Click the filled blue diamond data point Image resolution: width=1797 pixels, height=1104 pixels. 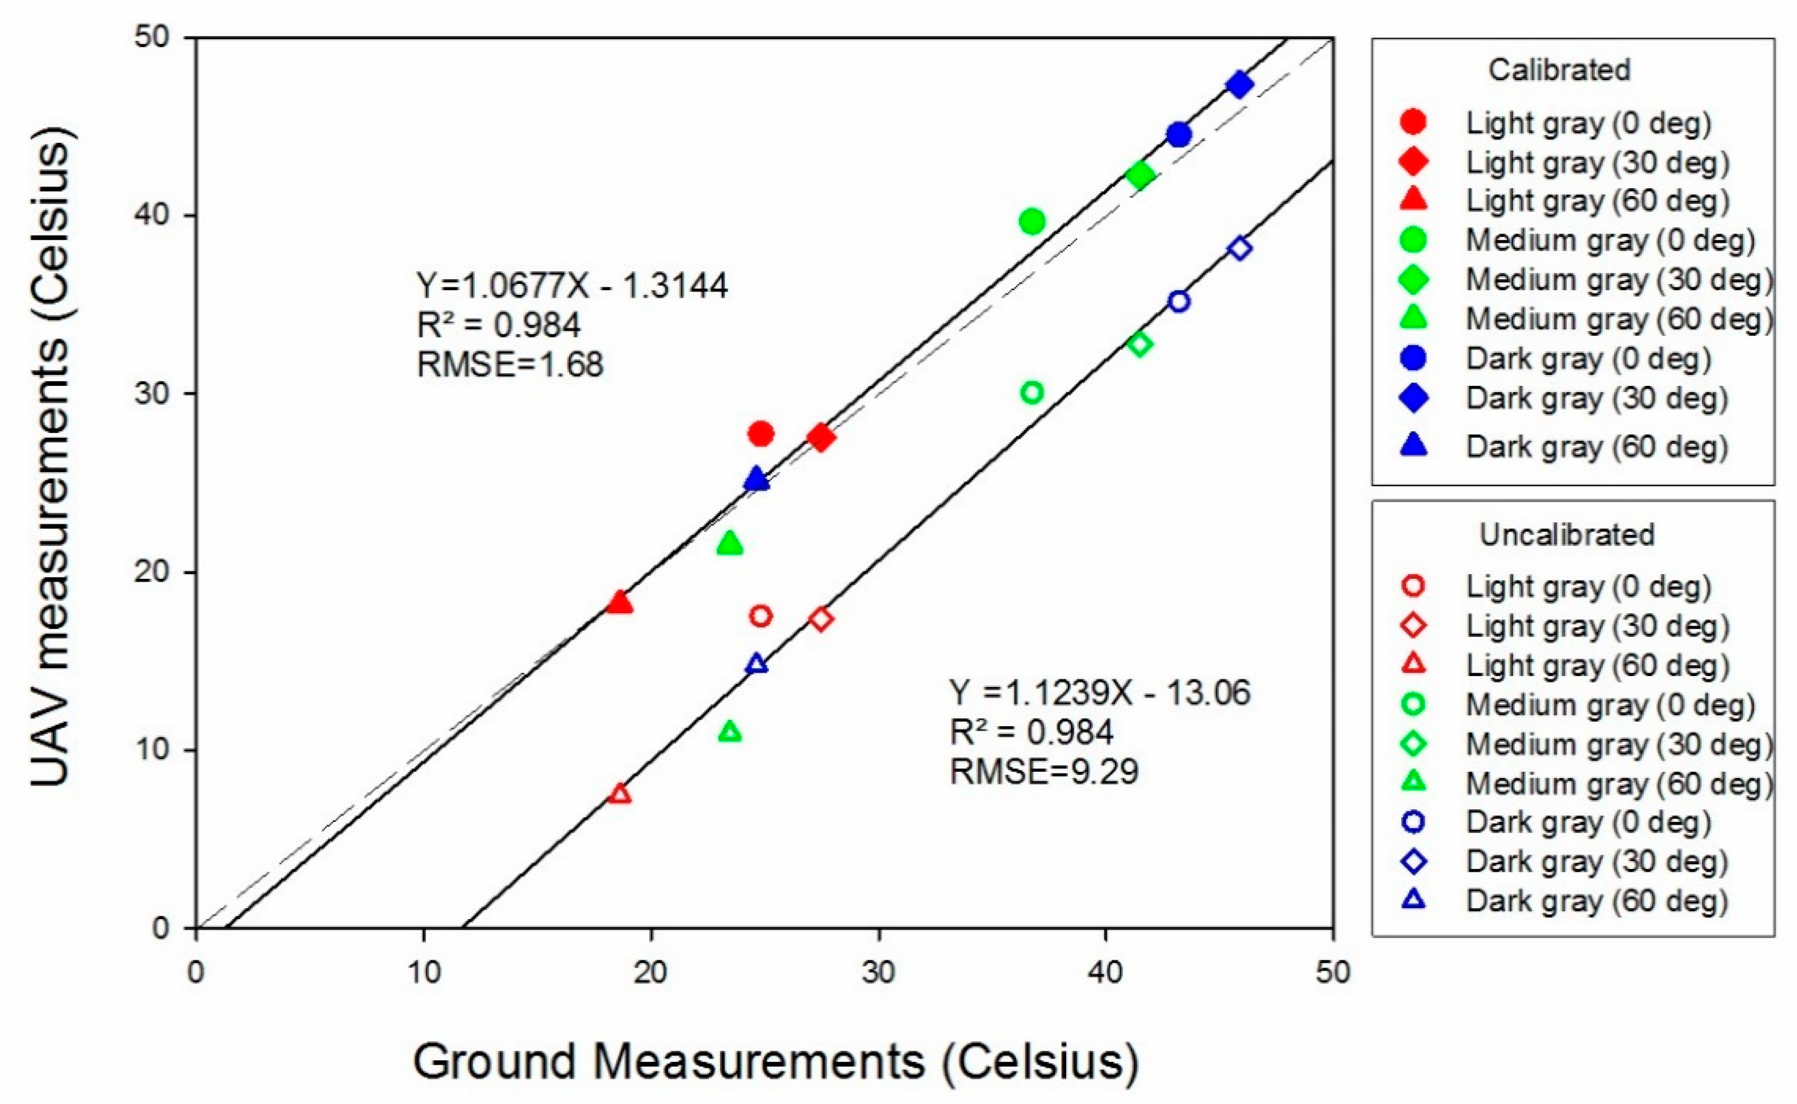click(1239, 85)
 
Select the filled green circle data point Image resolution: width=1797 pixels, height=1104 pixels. click(1032, 221)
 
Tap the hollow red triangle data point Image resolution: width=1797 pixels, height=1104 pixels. click(620, 794)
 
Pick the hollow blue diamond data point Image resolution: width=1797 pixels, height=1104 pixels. click(1239, 248)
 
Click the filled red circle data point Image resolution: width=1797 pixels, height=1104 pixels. click(761, 434)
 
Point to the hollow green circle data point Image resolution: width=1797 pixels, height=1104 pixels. click(1032, 393)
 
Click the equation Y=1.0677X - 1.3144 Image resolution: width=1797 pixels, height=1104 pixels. click(572, 286)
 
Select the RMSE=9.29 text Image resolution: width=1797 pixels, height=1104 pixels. click(1044, 772)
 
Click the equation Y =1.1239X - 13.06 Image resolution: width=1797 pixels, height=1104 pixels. click(1099, 692)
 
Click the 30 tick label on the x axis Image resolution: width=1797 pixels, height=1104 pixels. click(878, 973)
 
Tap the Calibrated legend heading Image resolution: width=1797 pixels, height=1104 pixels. click(1559, 70)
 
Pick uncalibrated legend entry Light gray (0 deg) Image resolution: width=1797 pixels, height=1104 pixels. click(1588, 586)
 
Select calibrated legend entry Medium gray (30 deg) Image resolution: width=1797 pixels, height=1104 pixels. click(1619, 280)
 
